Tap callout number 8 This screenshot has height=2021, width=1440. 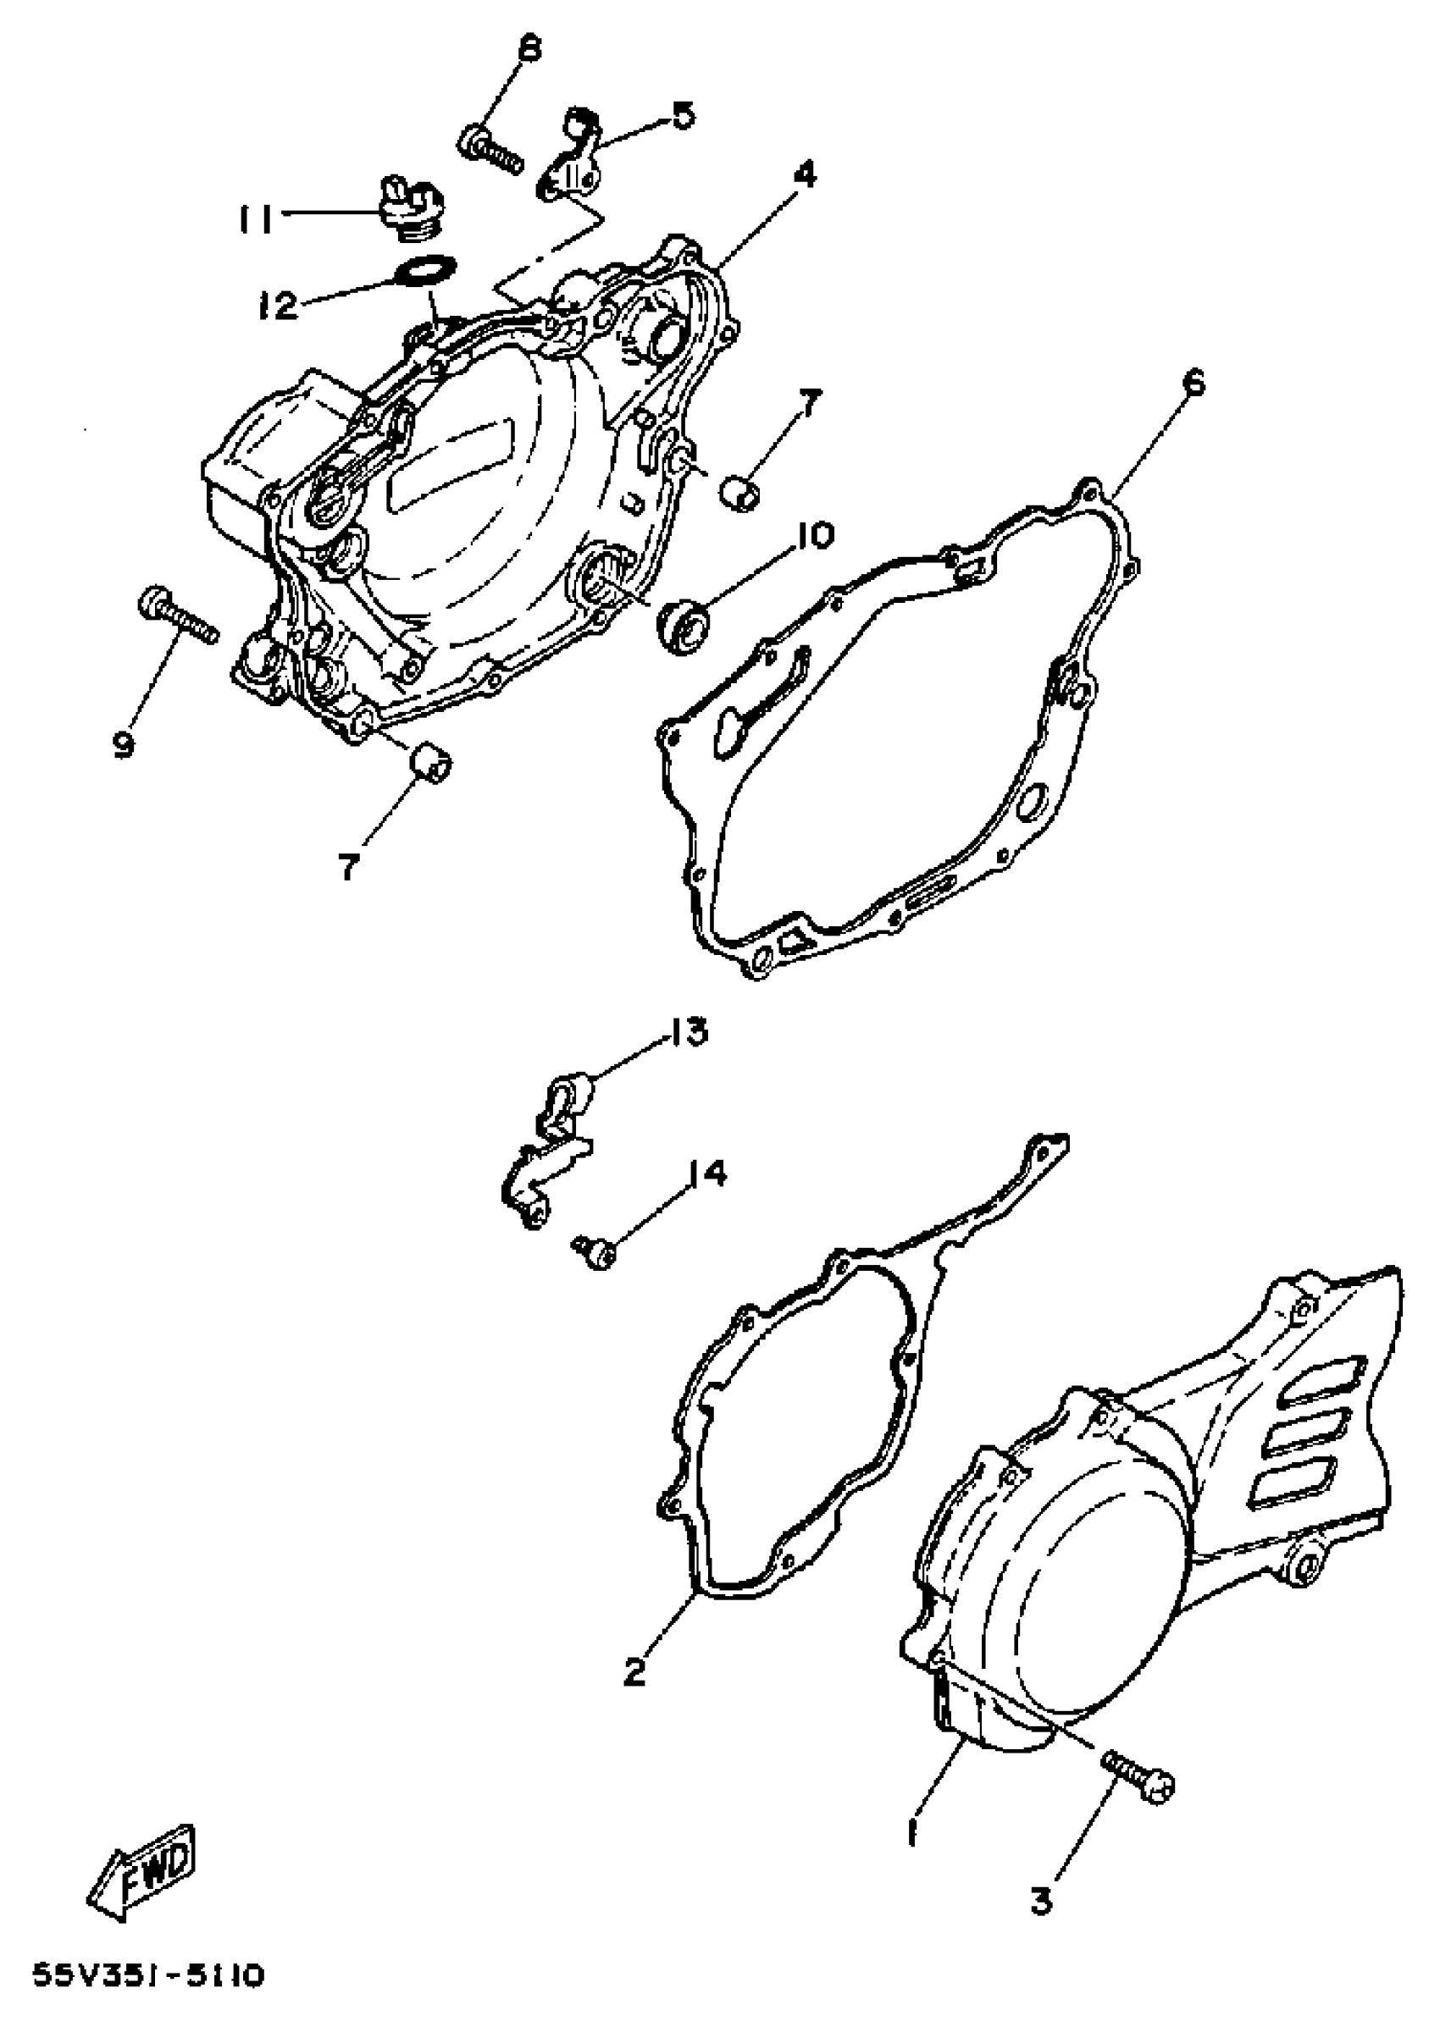pyautogui.click(x=529, y=50)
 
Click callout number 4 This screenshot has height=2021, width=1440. pyautogui.click(x=804, y=174)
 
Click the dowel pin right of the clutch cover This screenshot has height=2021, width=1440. pyautogui.click(x=739, y=493)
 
